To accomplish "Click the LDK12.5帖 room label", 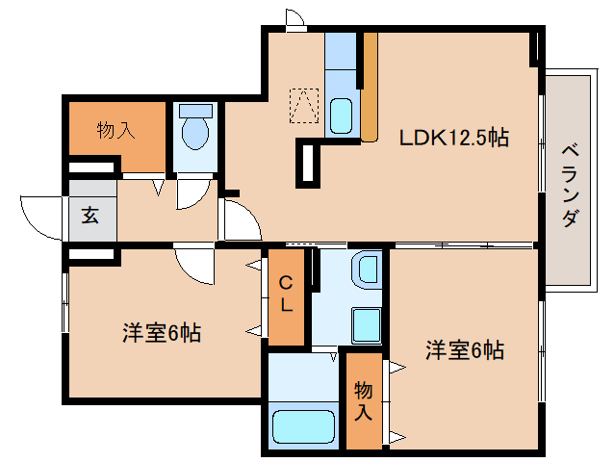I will coord(453,138).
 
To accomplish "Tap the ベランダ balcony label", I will coord(569,186).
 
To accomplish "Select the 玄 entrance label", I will coord(90,216).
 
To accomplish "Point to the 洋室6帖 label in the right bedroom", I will coord(465,350).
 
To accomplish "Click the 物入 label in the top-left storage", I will coord(115,131).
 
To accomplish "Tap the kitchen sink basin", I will coord(342,116).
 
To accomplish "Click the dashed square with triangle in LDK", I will coord(304,105).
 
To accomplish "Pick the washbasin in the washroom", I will coord(365,269).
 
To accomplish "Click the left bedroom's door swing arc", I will coord(193,266).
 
